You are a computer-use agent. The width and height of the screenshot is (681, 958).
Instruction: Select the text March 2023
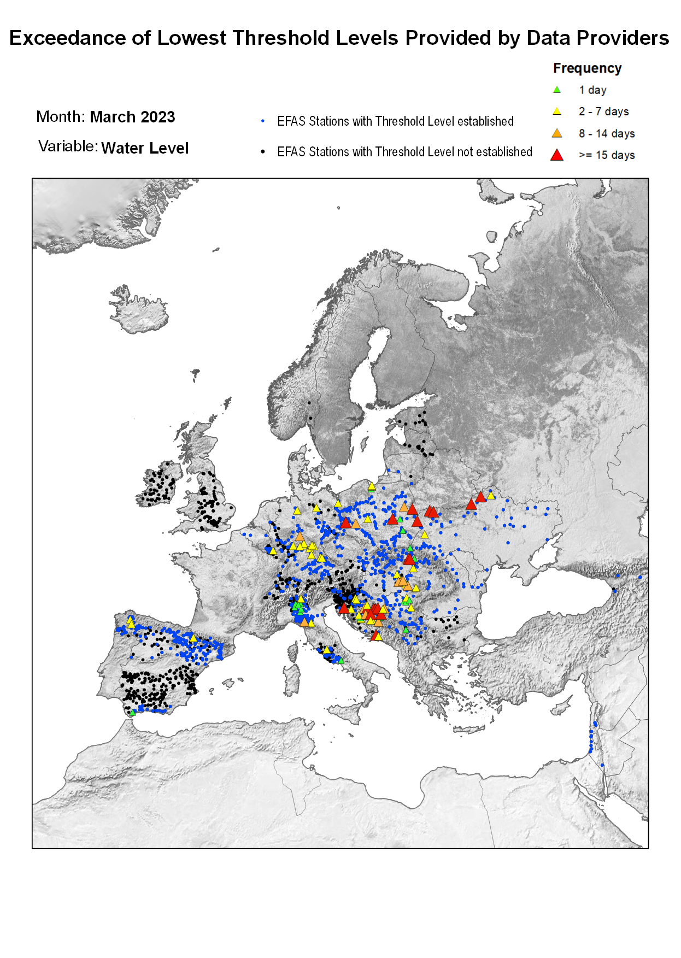pyautogui.click(x=132, y=117)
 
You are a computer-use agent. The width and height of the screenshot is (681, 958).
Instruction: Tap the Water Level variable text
pyautogui.click(x=145, y=148)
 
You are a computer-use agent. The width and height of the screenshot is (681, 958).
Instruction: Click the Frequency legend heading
pyautogui.click(x=587, y=68)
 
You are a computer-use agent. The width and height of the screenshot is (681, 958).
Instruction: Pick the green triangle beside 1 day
pyautogui.click(x=557, y=90)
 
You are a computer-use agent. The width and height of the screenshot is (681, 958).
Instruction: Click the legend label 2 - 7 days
pyautogui.click(x=603, y=111)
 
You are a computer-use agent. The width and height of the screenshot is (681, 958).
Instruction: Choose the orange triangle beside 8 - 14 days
pyautogui.click(x=557, y=133)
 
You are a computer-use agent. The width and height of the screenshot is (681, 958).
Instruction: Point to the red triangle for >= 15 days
pyautogui.click(x=557, y=155)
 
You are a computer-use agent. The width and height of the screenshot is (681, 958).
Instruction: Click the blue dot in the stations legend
pyautogui.click(x=263, y=121)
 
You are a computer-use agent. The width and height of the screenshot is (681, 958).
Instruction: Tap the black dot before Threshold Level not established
pyautogui.click(x=263, y=151)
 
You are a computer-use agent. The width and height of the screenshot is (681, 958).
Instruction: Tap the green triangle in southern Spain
pyautogui.click(x=132, y=713)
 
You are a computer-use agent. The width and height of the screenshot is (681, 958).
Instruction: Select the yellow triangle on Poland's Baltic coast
pyautogui.click(x=372, y=486)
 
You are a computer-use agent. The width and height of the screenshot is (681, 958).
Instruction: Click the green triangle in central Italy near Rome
pyautogui.click(x=341, y=660)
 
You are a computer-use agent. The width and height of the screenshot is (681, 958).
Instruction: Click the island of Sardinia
pyautogui.click(x=293, y=678)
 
